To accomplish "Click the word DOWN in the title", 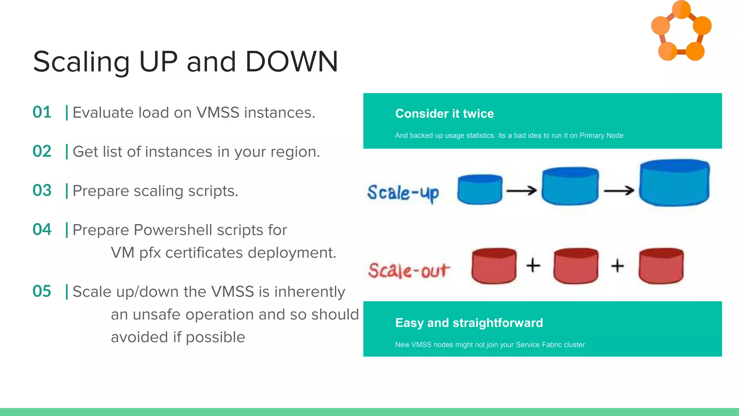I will pos(292,62).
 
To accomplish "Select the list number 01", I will pos(42,112).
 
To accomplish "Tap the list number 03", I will pos(42,191).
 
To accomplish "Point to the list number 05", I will pos(42,291).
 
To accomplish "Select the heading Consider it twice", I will pos(444,114).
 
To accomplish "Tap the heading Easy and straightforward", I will pos(469,323).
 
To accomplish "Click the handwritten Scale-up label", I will pos(403,193).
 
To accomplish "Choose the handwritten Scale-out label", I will pos(409,270).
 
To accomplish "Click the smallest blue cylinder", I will pos(480,190).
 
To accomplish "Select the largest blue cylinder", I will pos(674,183).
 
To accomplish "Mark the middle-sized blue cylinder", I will pos(570,186).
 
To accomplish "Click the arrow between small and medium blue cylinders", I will pos(521,190).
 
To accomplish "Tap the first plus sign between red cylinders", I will pos(533,265).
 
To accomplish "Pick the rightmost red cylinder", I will pos(661,266).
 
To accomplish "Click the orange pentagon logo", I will pos(681,31).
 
